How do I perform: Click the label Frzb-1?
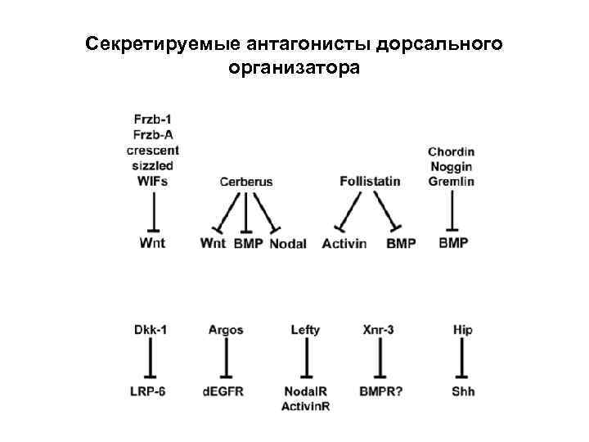click(153, 120)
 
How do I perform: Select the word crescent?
click(153, 151)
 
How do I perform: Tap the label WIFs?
click(153, 180)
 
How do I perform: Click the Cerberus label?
click(246, 182)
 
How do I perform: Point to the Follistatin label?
click(370, 181)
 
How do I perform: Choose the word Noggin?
click(451, 166)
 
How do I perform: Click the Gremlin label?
click(451, 181)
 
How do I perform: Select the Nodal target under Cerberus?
click(287, 244)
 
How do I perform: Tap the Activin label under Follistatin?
click(344, 244)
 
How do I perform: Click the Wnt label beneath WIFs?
click(152, 243)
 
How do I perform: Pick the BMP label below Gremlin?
click(453, 243)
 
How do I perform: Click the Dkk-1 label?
click(151, 330)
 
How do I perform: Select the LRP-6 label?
click(150, 391)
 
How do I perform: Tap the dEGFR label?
click(223, 391)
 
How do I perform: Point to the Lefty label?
click(305, 330)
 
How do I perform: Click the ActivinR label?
click(305, 406)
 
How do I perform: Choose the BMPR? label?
click(380, 391)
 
